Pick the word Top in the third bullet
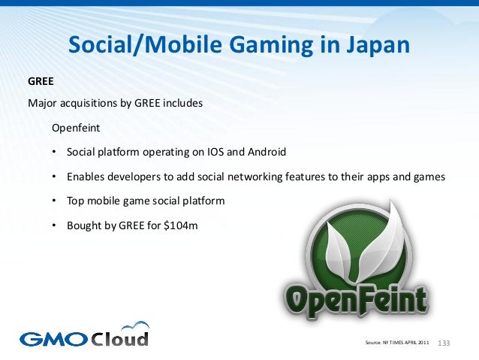click(76, 201)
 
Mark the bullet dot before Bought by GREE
click(54, 225)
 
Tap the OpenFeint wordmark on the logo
click(355, 299)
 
